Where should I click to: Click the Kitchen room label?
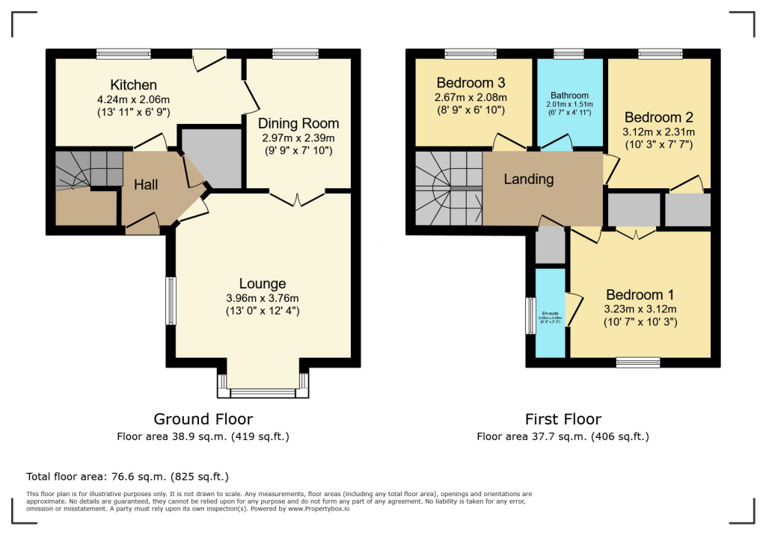coord(133,84)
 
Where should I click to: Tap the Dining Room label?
coord(298,123)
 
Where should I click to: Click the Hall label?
coord(146,184)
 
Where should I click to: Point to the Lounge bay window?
coord(263,391)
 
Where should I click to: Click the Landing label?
coord(528,179)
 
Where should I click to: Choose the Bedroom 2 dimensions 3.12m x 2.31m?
coord(659,132)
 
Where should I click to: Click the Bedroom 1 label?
coord(634,294)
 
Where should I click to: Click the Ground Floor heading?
coord(203,419)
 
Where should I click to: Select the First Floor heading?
coord(563,419)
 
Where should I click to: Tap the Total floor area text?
coord(127,476)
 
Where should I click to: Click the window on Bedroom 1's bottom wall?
coord(638,362)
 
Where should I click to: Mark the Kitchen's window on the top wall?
coord(117,53)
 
